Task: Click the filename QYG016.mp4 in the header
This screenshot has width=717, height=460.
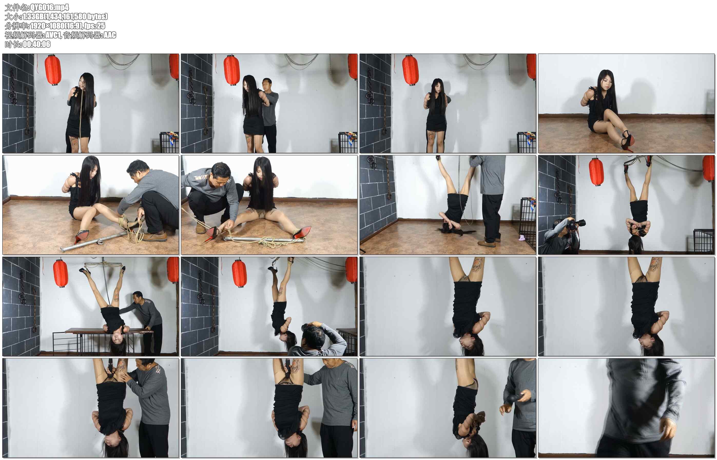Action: [49, 7]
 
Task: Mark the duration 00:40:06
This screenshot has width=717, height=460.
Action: [36, 44]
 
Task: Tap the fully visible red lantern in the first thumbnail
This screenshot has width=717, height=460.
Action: [53, 70]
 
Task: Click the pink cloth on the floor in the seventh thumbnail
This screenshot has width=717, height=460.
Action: [522, 238]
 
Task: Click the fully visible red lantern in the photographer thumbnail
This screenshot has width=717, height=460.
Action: [596, 172]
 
